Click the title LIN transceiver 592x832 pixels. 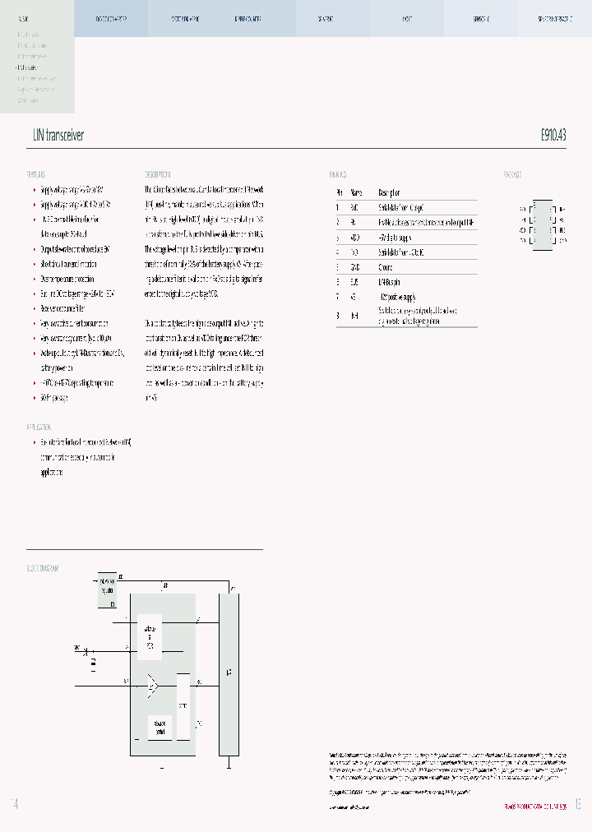(x=58, y=136)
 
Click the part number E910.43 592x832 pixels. (x=553, y=136)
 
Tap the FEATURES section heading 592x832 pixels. (x=35, y=175)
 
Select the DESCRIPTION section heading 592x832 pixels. (x=157, y=175)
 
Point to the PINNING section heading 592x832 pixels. (x=337, y=175)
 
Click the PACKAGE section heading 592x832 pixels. (x=512, y=175)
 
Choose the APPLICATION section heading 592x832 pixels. (x=39, y=428)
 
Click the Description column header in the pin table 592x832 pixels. (x=390, y=192)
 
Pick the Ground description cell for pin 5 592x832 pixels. (x=386, y=267)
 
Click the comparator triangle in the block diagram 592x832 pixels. (x=152, y=684)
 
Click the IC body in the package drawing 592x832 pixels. (x=542, y=224)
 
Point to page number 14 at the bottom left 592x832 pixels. (x=15, y=803)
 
